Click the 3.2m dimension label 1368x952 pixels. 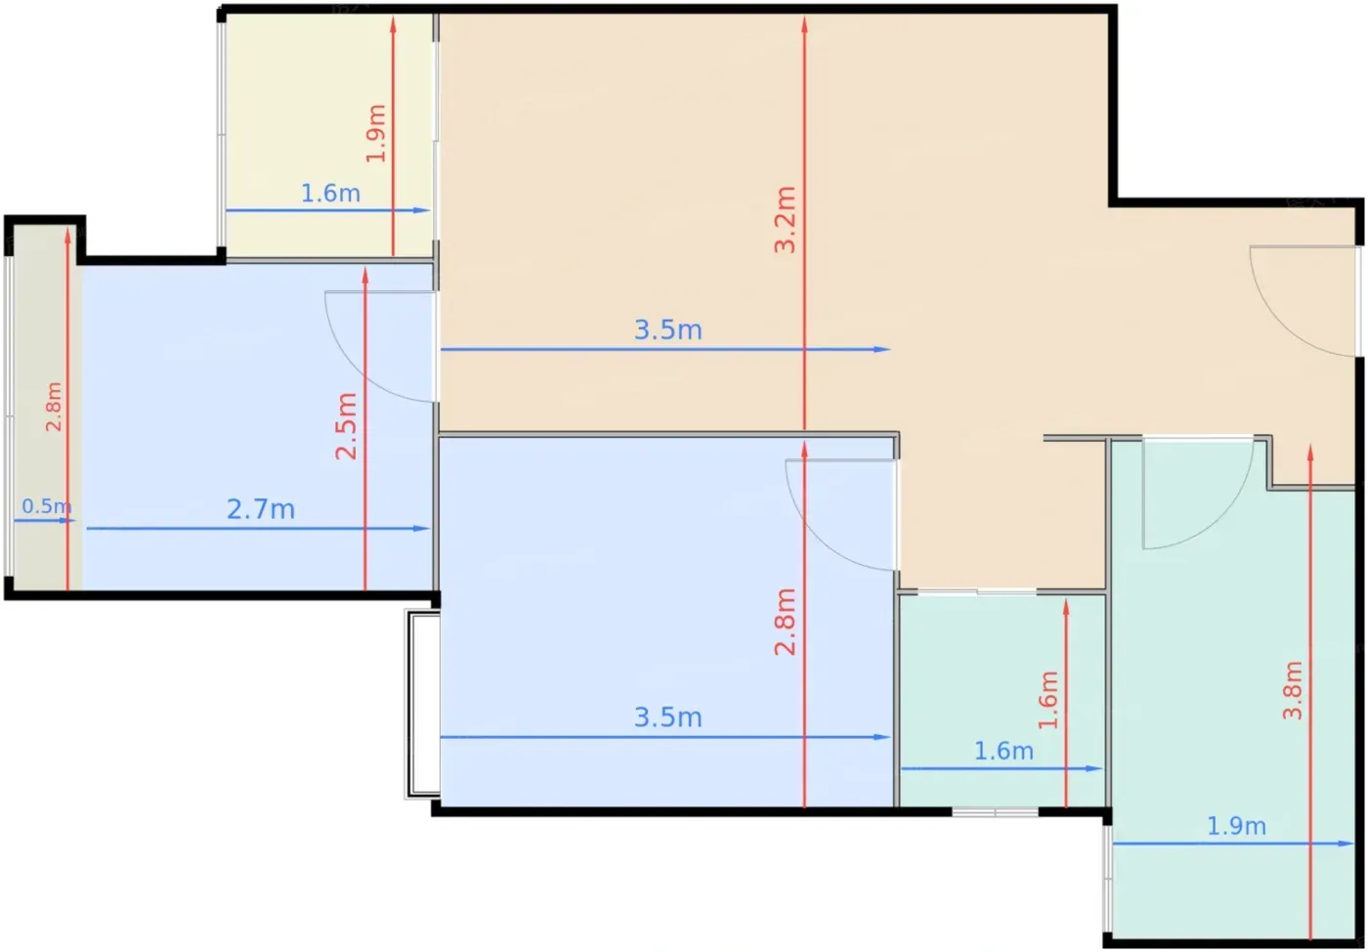(786, 219)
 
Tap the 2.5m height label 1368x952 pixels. (346, 426)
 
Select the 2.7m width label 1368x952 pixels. (261, 509)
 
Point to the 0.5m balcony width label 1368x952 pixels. (47, 506)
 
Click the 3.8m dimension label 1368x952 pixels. (1292, 690)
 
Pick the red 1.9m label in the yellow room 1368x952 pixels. (376, 133)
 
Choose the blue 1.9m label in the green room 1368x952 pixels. (1237, 826)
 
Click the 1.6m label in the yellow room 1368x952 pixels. (330, 194)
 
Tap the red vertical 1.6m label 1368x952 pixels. (1047, 700)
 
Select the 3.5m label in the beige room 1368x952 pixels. (668, 330)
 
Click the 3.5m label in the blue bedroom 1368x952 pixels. (668, 717)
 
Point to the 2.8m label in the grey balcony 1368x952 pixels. (54, 407)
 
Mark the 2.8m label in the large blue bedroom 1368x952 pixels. (786, 622)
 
